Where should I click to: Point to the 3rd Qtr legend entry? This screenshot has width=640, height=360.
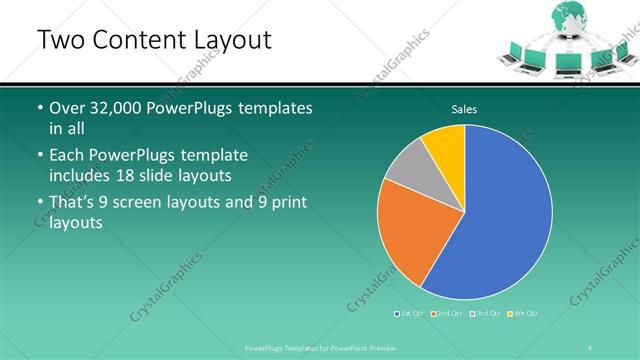[485, 314]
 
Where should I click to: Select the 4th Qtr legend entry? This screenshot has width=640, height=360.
[523, 314]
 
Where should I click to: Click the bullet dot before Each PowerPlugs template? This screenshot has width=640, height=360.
[39, 156]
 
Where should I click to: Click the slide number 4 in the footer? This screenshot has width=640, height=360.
[592, 347]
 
